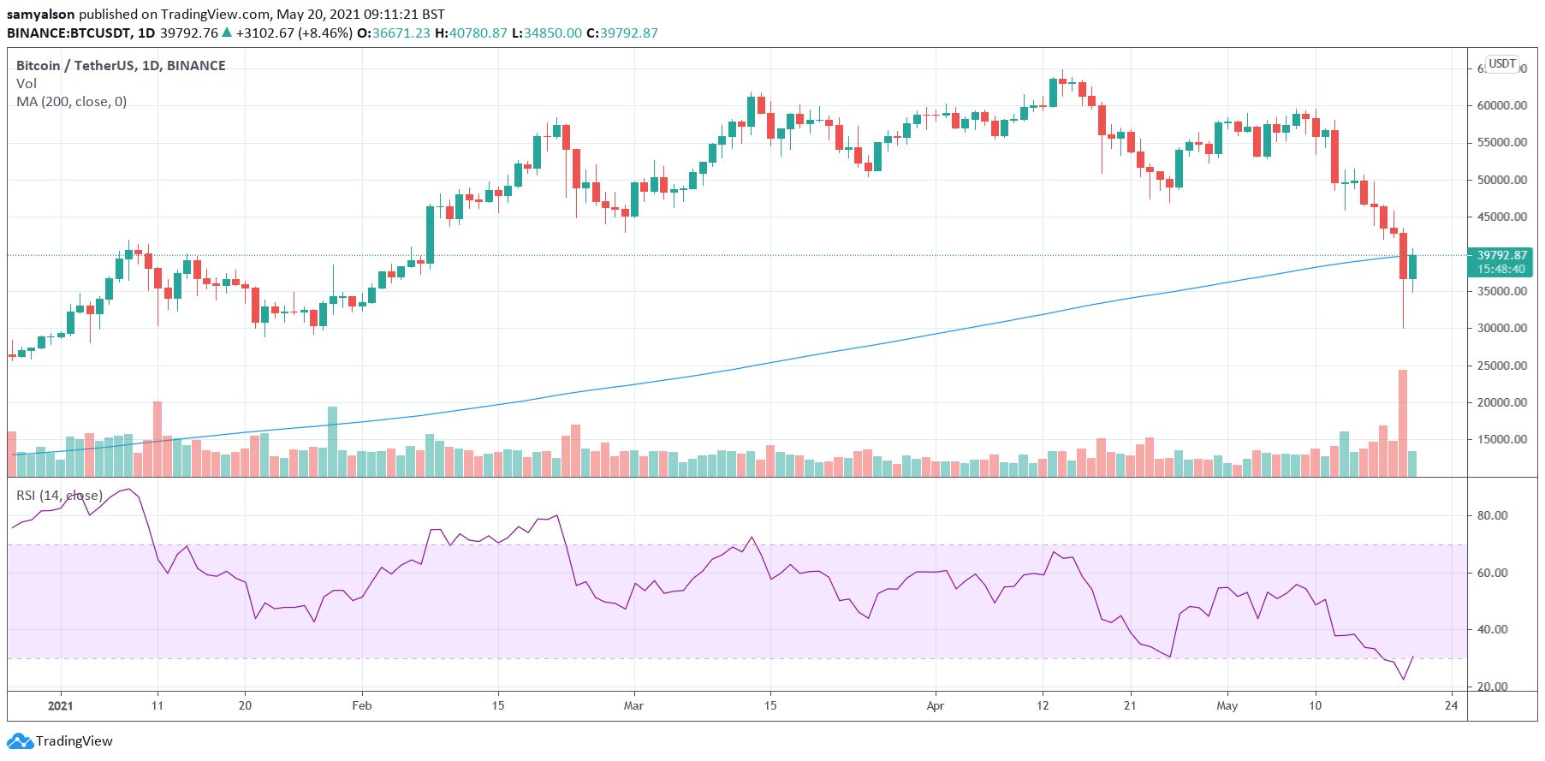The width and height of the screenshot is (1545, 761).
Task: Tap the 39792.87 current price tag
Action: pos(1501,255)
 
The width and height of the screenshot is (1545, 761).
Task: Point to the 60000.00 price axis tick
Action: pos(1501,105)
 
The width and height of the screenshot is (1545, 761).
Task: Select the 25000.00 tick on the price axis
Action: pos(1501,366)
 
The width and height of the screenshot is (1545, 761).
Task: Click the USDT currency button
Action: pos(1501,63)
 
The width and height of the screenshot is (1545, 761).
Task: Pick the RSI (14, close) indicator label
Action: pos(59,496)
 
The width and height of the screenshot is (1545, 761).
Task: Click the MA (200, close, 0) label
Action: pos(71,102)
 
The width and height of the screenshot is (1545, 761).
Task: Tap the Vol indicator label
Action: pos(26,84)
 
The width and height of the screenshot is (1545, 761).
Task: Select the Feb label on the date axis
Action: pos(362,706)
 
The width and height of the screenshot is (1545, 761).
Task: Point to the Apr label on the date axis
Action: pos(935,706)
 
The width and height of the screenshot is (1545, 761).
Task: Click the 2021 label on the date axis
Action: pos(60,706)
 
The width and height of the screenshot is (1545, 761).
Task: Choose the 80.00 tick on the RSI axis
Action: pos(1492,516)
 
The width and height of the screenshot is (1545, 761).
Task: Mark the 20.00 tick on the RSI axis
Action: pos(1492,687)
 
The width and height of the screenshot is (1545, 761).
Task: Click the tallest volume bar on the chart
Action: pos(1403,423)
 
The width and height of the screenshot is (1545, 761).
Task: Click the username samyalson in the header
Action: pos(40,15)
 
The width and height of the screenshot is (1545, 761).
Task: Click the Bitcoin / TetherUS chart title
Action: pos(121,66)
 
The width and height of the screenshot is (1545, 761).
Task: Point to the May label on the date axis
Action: pos(1227,706)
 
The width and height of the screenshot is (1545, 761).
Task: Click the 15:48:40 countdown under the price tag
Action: pos(1500,269)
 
